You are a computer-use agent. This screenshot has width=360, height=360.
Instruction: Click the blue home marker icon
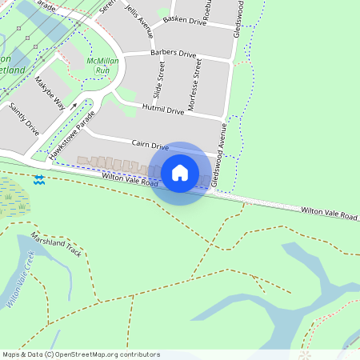tap(180, 173)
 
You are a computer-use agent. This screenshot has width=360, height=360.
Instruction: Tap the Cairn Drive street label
tap(150, 146)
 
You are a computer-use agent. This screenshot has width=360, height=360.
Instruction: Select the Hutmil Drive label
tap(162, 110)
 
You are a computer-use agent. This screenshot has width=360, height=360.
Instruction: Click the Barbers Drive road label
tap(173, 54)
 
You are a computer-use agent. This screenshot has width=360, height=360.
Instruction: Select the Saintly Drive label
tap(25, 116)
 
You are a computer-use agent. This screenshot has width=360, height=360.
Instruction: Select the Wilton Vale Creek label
tap(20, 280)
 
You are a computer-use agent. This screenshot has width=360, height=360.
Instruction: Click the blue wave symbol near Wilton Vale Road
tap(39, 180)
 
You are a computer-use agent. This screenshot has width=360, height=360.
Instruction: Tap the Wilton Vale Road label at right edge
tap(330, 213)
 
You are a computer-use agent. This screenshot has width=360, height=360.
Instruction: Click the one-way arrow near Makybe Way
tap(74, 105)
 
